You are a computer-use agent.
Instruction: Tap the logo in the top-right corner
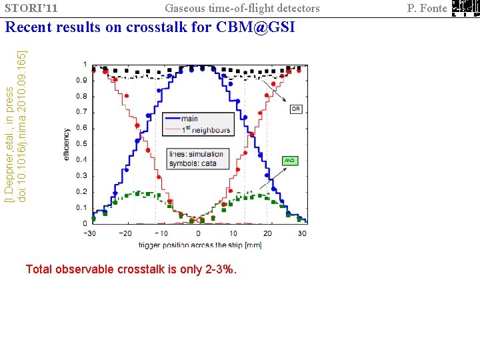coord(464,8)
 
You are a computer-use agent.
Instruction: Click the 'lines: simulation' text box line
coord(196,154)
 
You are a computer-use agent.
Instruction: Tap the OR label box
coord(296,108)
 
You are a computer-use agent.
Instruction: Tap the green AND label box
coord(289,161)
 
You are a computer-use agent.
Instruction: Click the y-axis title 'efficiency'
coord(66,143)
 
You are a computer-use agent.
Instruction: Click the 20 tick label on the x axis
coord(267,233)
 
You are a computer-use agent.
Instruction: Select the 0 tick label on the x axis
coord(197,233)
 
